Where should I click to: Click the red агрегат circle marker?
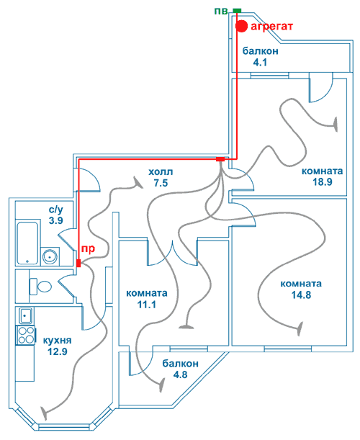[x=241, y=27]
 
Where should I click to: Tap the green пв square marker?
[x=237, y=11]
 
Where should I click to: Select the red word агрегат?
[x=271, y=27]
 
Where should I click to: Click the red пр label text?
[x=88, y=248]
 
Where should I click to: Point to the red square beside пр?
[x=78, y=264]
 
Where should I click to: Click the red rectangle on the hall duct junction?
[x=220, y=159]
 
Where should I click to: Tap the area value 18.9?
[x=323, y=182]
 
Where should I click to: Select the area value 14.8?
[x=301, y=295]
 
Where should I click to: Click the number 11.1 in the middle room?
[x=146, y=305]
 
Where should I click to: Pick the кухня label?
[x=58, y=341]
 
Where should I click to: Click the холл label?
[x=161, y=171]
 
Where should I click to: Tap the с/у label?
[x=56, y=210]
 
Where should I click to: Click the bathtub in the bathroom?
[x=27, y=243]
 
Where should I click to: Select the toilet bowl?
[x=41, y=287]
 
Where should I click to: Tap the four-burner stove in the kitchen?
[x=26, y=335]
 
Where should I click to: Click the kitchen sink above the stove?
[x=26, y=315]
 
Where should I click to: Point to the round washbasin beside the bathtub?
[x=50, y=256]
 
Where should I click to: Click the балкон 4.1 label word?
[x=260, y=51]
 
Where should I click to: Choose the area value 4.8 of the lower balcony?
[x=180, y=374]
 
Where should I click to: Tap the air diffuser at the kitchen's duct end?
[x=44, y=413]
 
